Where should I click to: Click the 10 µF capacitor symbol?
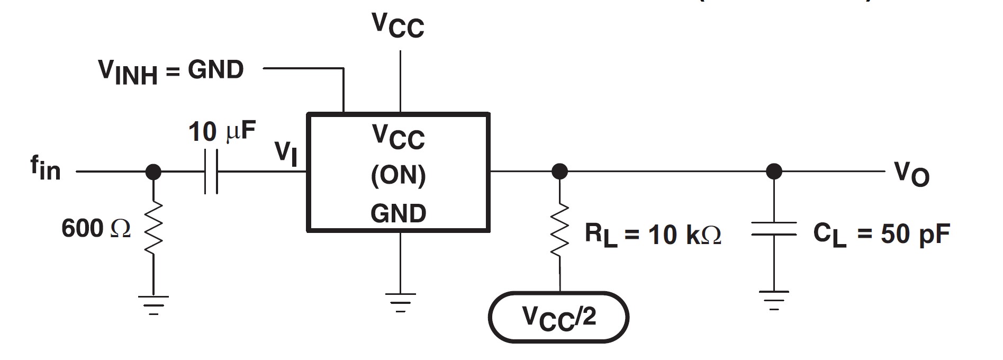click(211, 172)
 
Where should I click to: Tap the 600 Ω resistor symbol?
click(153, 228)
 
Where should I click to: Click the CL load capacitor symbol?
click(774, 229)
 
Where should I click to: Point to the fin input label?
click(46, 169)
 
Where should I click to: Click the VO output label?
click(911, 174)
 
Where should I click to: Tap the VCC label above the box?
click(398, 25)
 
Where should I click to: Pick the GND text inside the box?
click(398, 213)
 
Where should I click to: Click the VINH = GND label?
click(171, 71)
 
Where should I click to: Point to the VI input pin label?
click(286, 153)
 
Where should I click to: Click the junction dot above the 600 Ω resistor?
click(153, 172)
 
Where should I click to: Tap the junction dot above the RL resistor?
click(560, 172)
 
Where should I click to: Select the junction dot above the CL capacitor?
click(774, 172)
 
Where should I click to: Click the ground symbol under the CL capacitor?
click(774, 299)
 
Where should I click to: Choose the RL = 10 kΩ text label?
click(652, 235)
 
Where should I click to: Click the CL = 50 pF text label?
click(881, 234)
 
